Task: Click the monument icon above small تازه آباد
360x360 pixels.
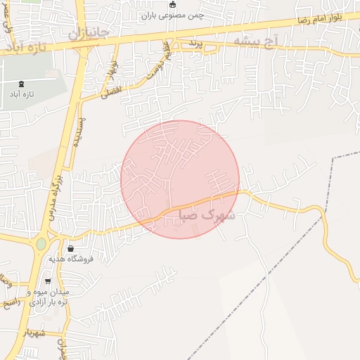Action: pos(20,84)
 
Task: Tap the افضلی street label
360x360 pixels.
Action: pos(111,91)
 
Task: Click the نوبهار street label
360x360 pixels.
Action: pos(110,69)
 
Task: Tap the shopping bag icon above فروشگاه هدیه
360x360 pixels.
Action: pos(70,249)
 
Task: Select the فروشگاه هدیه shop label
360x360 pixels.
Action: pos(70,259)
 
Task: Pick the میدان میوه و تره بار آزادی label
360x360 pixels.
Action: pos(48,296)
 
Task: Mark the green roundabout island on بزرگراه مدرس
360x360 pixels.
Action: pos(41,243)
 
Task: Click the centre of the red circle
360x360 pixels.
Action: pos(180,179)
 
